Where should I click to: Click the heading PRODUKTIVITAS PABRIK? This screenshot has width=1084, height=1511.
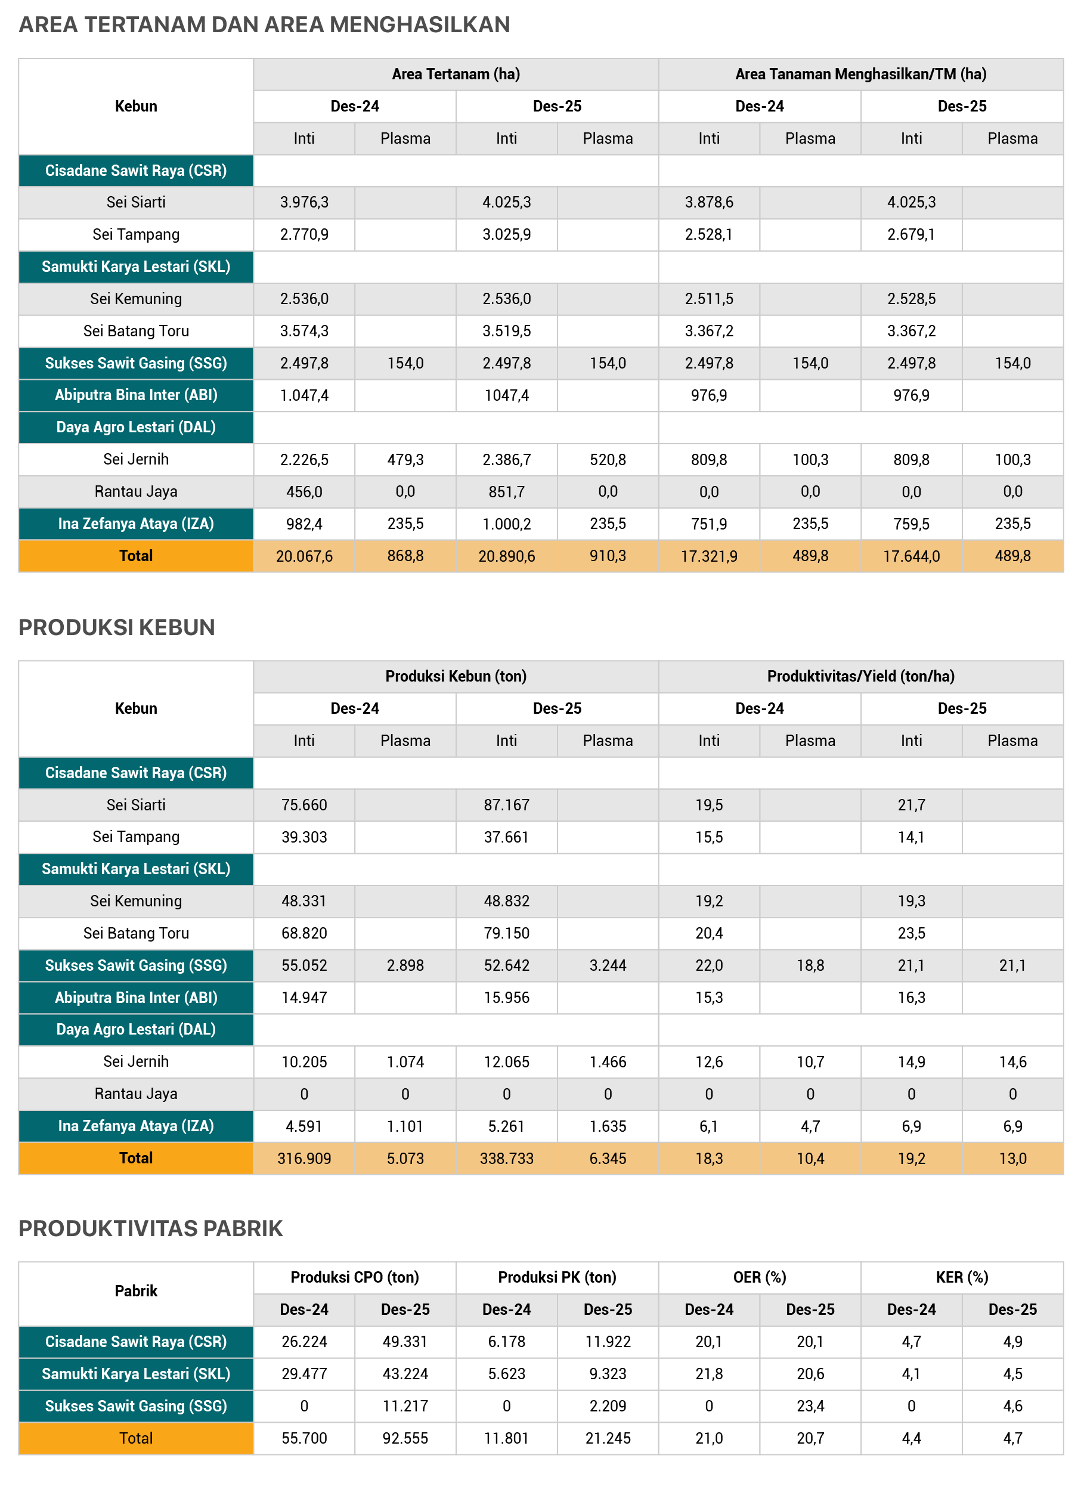coord(151,1228)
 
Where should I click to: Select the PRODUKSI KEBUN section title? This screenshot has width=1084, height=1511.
coord(117,627)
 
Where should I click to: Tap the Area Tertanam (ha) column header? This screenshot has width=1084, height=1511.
coord(456,74)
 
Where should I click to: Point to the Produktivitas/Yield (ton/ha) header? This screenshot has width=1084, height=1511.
coord(860,676)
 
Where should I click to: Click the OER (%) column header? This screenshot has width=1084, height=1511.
coord(760,1277)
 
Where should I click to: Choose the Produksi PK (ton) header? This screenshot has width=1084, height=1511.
coord(557,1277)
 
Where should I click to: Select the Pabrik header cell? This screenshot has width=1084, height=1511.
coord(136,1291)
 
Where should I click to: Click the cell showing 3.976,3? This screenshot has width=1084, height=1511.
coord(304,203)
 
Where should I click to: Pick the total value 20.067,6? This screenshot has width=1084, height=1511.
coord(304,556)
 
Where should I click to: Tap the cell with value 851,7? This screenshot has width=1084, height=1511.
coord(506,492)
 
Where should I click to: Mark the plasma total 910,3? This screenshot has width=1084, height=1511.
coord(608,556)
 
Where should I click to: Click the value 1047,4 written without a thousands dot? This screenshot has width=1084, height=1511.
coord(506,395)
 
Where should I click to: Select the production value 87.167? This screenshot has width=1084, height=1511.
coord(506,805)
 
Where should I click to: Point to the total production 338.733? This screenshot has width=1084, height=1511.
coord(506,1159)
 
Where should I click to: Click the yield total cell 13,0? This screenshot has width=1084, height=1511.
coord(1012,1159)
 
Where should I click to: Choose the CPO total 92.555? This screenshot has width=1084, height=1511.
coord(405,1438)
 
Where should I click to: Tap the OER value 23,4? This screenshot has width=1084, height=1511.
coord(810,1405)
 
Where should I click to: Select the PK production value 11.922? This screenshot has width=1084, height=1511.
coord(608,1342)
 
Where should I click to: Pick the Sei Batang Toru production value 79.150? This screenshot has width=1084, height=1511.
coord(506,933)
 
